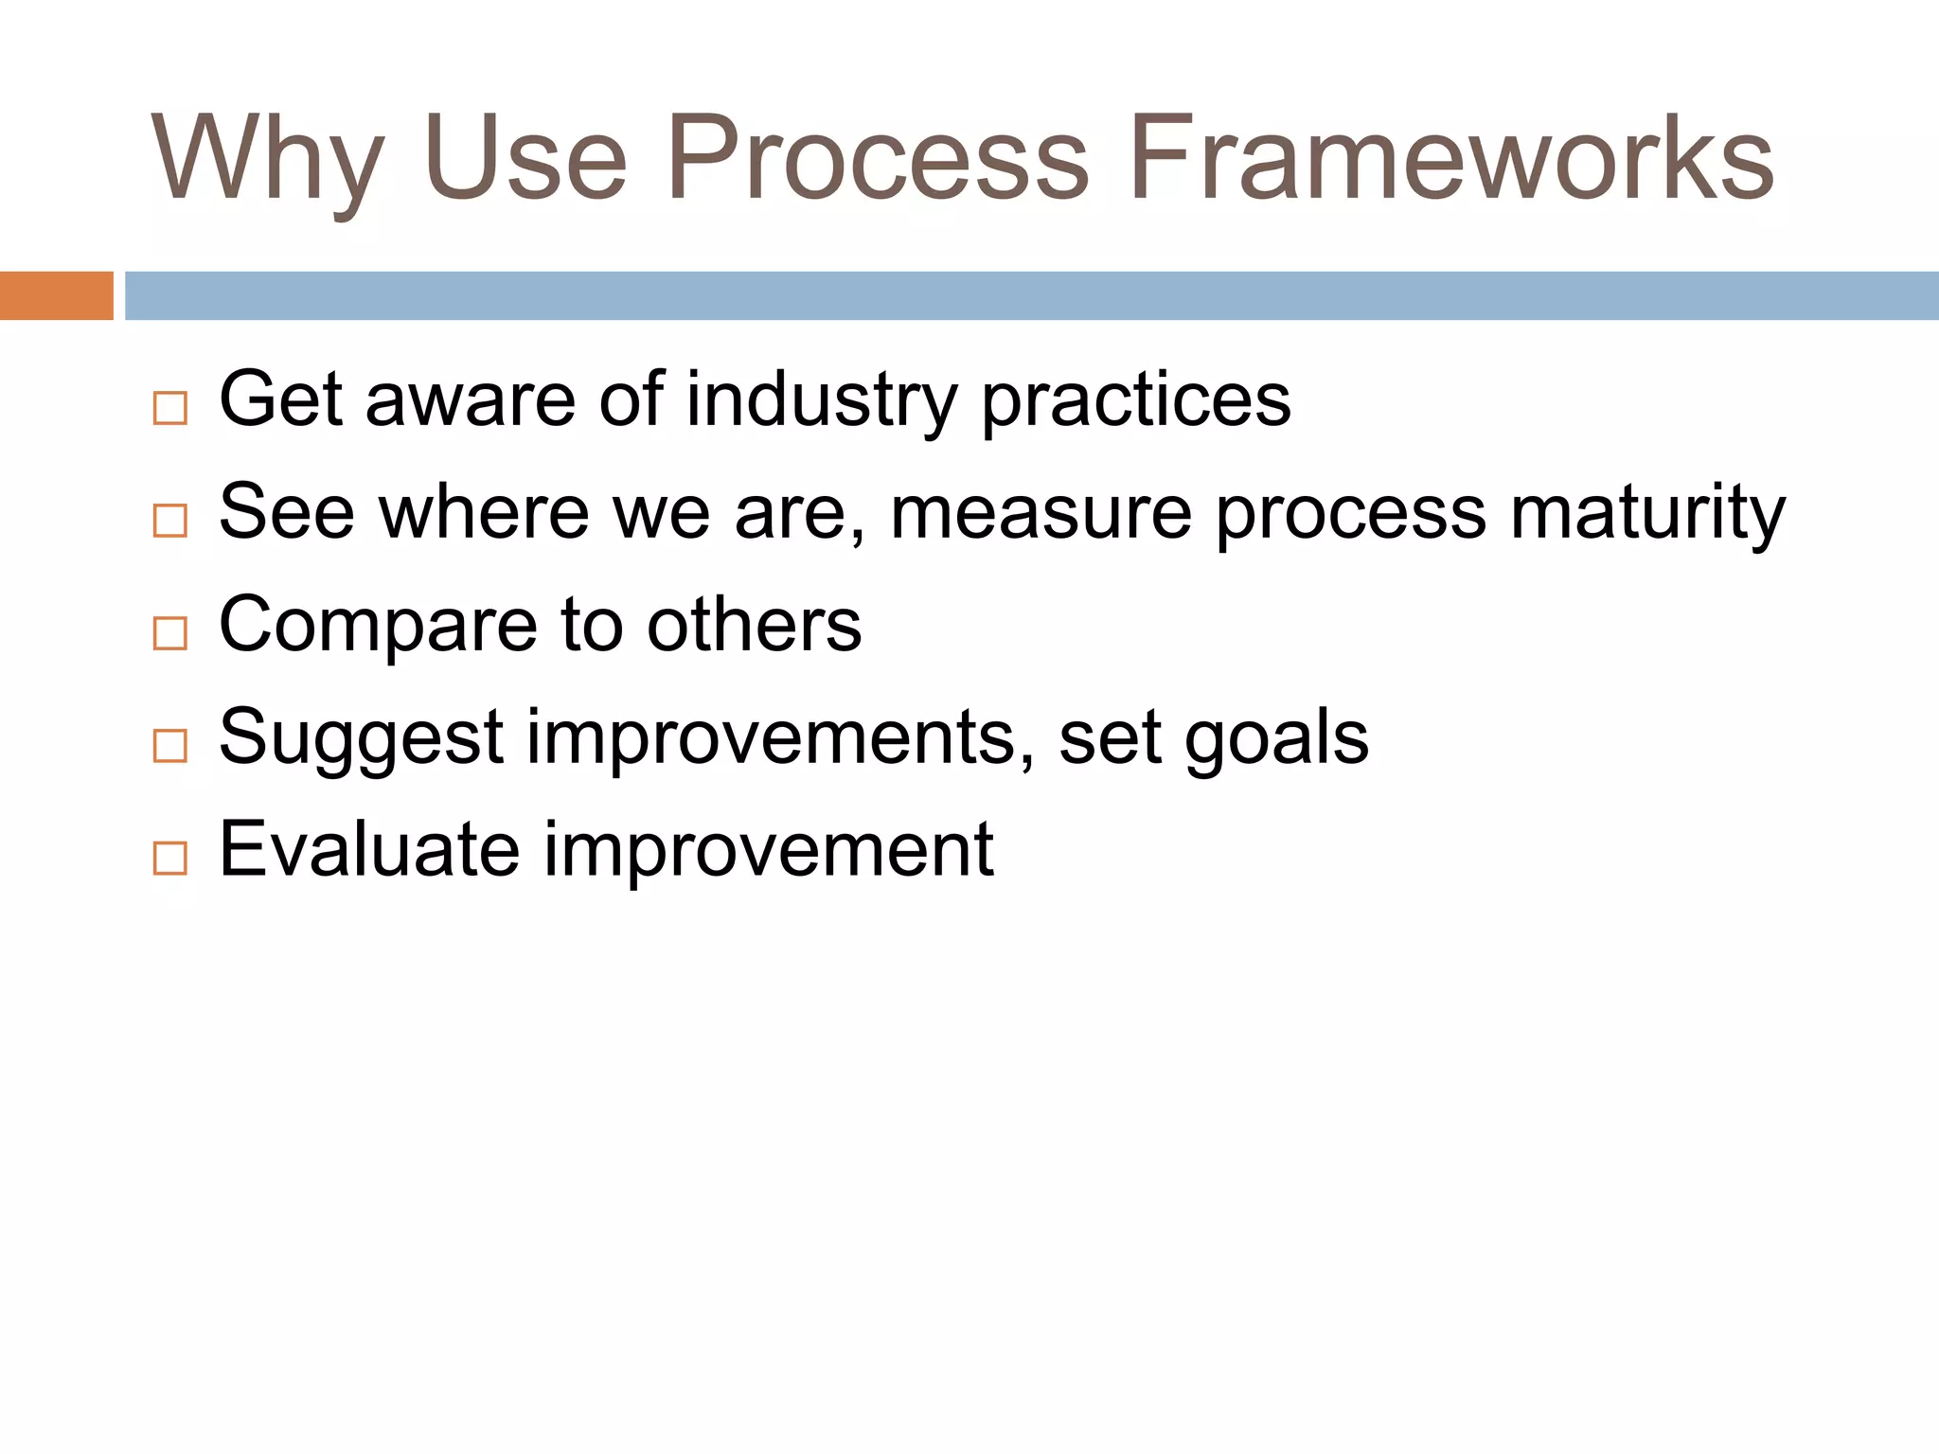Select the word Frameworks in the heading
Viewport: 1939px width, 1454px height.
(1450, 158)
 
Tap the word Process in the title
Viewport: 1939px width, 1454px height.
(877, 158)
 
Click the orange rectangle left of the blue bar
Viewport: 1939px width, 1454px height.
(56, 295)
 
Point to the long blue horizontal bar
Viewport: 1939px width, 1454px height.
(1031, 295)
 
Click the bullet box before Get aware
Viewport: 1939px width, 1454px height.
(170, 408)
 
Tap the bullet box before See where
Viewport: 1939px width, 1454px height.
(170, 521)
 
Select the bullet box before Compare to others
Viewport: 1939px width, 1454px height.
(170, 633)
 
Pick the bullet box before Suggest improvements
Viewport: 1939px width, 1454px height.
(170, 746)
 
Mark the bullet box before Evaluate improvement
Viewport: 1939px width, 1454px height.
(170, 858)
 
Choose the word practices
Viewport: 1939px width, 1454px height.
(1135, 399)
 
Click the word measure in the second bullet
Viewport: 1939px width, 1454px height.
(1041, 512)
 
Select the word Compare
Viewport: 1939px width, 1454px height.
(378, 625)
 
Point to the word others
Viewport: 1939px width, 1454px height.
(754, 625)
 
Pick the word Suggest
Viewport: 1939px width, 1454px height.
(361, 737)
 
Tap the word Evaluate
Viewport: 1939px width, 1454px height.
(369, 849)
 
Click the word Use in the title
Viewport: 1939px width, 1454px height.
(525, 158)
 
